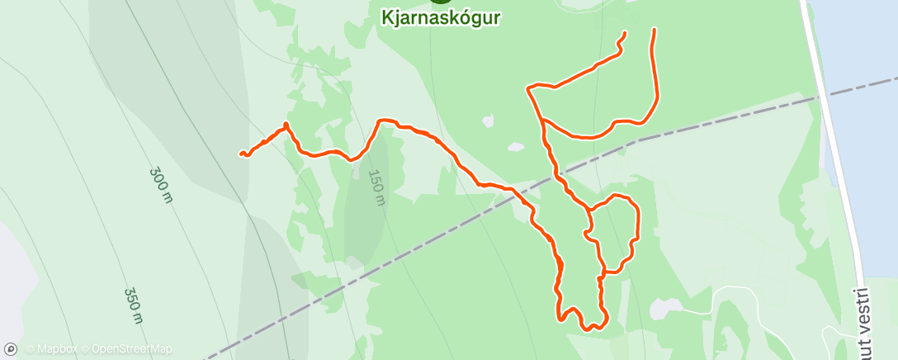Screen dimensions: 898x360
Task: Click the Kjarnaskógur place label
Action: (442, 17)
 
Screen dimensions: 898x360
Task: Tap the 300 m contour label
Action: (160, 186)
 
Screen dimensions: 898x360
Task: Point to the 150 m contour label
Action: (376, 187)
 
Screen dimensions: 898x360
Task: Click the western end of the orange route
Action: (242, 154)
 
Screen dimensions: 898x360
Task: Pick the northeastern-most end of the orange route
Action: (655, 30)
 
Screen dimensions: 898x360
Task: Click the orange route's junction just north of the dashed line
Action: (541, 121)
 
